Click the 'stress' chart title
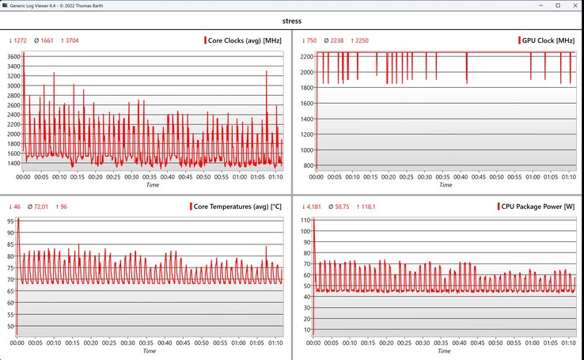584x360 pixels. [x=292, y=22]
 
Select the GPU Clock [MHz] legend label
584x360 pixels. [x=549, y=40]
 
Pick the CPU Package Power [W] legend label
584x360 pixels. [x=538, y=207]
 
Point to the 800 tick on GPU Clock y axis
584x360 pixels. [x=306, y=165]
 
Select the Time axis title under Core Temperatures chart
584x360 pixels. [x=149, y=351]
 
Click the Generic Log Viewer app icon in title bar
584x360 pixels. [x=6, y=6]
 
